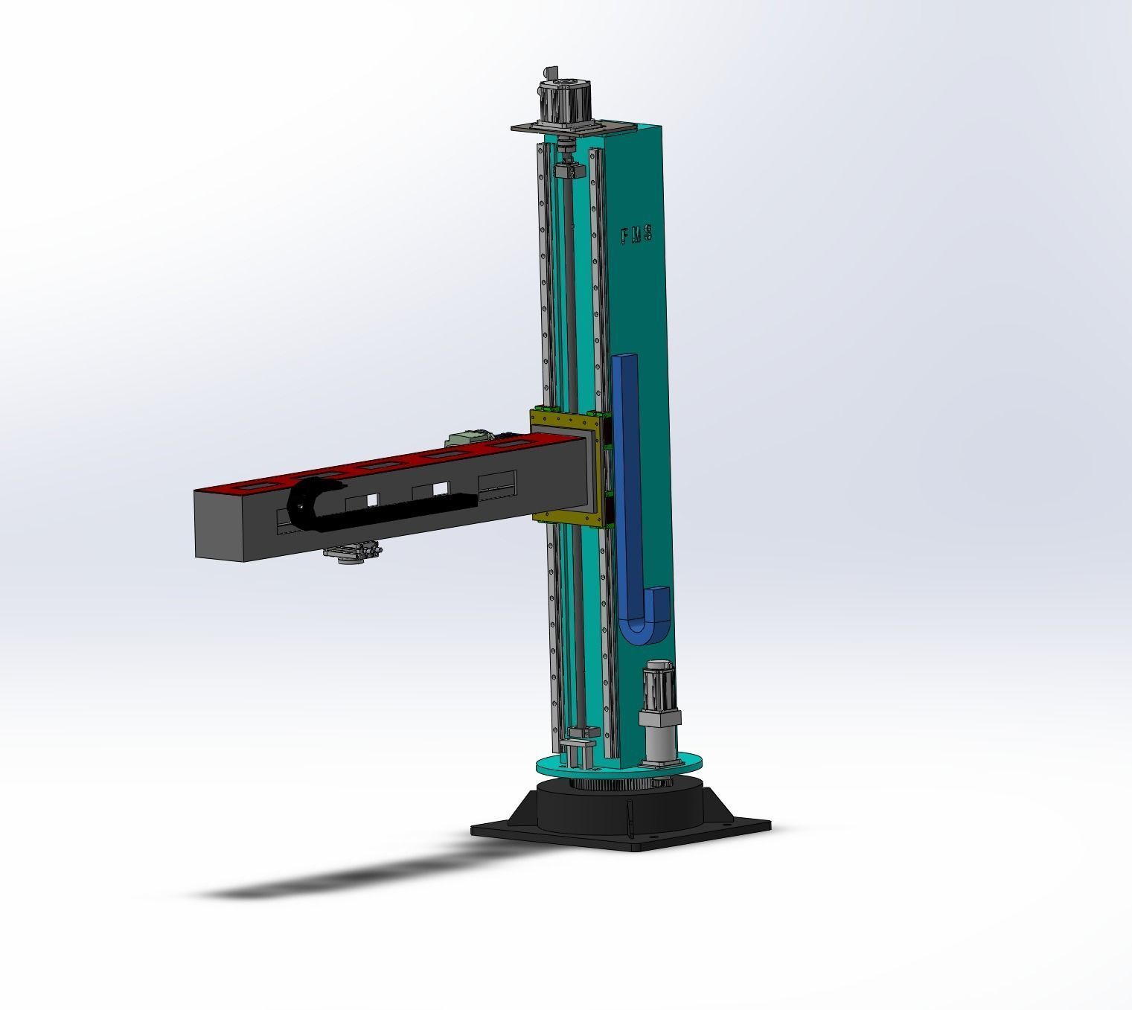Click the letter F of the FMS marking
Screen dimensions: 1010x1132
tap(625, 237)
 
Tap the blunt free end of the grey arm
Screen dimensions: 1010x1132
tap(219, 525)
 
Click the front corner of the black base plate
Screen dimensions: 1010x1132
tap(633, 848)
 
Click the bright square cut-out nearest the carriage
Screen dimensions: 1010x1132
tap(441, 488)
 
